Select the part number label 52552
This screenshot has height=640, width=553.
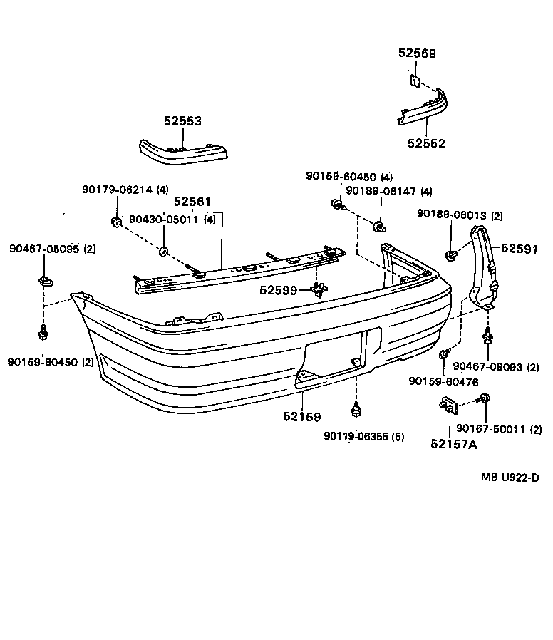(x=426, y=143)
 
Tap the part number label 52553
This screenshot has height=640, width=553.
(x=183, y=121)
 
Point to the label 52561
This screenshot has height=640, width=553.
(x=192, y=202)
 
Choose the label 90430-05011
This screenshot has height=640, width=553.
(x=164, y=220)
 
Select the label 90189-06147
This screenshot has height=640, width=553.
(x=379, y=191)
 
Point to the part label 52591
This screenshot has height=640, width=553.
(x=519, y=249)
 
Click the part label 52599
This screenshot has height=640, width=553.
(x=279, y=290)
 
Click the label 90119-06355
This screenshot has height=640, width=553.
(x=354, y=437)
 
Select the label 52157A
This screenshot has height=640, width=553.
(x=453, y=445)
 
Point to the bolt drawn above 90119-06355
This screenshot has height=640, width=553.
(x=355, y=411)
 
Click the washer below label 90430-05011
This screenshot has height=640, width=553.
(x=163, y=250)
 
